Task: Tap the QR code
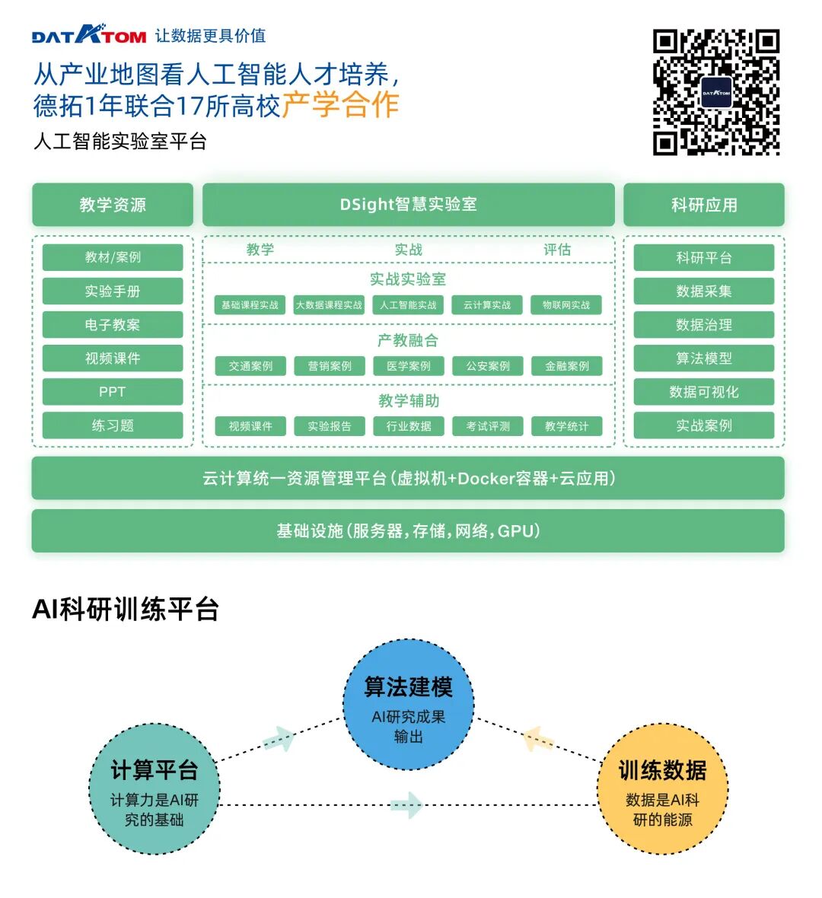716,92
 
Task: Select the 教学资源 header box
113,205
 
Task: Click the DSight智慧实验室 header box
408,205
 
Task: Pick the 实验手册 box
113,291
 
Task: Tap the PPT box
113,392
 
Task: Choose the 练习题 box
113,425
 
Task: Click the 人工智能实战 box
408,305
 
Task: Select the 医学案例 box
408,366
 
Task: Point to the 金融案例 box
566,366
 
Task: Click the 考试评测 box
488,426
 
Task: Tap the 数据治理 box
704,325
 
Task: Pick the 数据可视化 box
704,392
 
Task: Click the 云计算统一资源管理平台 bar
408,479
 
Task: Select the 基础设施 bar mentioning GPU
408,531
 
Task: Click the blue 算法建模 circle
409,705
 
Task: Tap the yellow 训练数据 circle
662,788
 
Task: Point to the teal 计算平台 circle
155,788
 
